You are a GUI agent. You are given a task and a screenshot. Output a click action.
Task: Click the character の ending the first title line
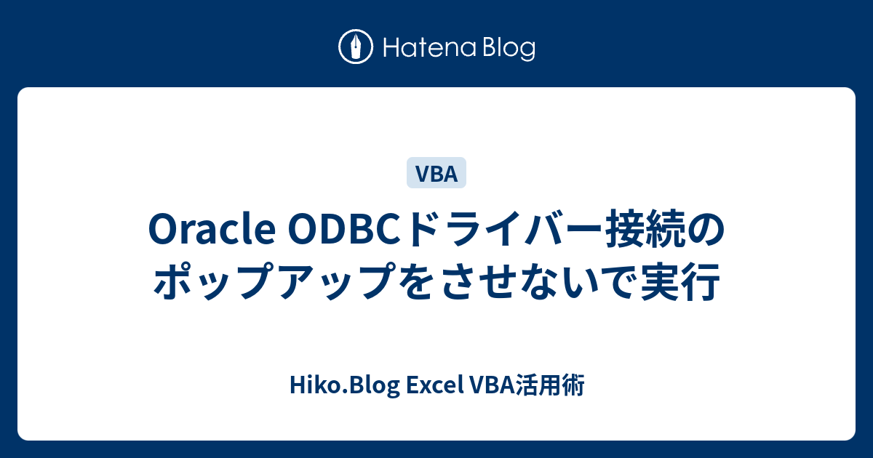706,231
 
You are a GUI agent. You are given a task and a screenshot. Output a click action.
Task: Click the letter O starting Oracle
162,231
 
